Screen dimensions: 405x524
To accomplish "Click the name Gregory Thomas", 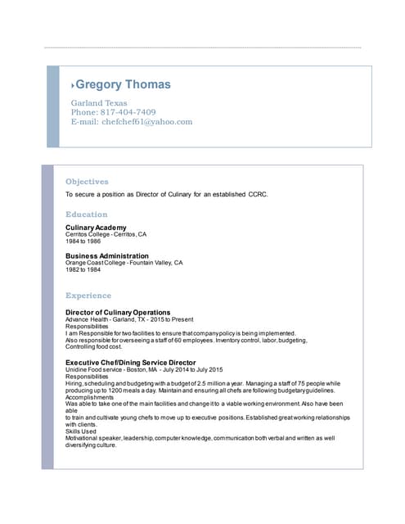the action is (123, 84).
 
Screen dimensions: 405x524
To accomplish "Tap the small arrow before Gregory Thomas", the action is (73, 85).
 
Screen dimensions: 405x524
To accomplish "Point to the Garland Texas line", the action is (99, 103).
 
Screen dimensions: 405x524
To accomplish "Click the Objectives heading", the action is (87, 181).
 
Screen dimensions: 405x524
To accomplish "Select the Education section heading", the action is (86, 215).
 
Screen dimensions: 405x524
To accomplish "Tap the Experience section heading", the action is (88, 295).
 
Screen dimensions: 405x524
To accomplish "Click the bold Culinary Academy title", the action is (96, 227).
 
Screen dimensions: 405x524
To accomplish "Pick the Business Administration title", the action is (106, 255).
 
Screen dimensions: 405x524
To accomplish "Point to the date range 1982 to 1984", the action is (83, 269).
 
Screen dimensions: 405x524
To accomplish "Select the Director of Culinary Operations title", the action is (118, 312).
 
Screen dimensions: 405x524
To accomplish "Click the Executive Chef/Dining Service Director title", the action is (130, 362).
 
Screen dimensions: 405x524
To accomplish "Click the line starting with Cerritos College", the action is (106, 234).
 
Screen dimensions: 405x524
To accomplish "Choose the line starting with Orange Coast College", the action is (124, 263).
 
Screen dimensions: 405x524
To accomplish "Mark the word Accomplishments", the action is (90, 397).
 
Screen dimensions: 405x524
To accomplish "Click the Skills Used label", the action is (81, 431).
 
